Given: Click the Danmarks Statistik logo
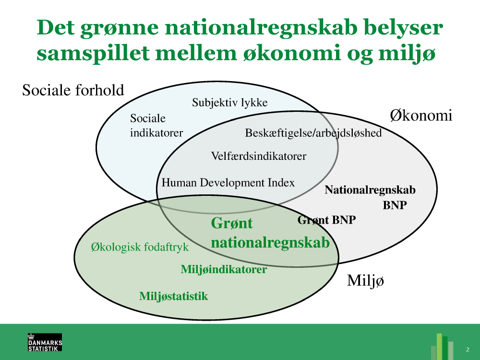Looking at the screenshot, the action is click(45, 342).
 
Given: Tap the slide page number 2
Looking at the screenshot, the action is click(468, 349).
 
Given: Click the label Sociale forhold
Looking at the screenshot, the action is click(73, 90).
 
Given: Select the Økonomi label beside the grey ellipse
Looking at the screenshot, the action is click(421, 115).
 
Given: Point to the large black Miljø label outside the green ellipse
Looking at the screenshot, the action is click(365, 280).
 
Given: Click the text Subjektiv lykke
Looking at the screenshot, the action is click(230, 103).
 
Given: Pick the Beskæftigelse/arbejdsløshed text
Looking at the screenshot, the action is click(313, 133).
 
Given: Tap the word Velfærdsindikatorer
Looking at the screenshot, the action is click(259, 156).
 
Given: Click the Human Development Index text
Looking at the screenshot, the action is click(228, 183).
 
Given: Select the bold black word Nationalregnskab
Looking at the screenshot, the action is click(370, 190).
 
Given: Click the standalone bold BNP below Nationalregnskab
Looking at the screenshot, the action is click(395, 205).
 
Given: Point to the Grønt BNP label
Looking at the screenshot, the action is click(326, 220).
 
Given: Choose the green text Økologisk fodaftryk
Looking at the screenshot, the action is click(140, 247).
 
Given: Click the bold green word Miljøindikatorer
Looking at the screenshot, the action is click(224, 269).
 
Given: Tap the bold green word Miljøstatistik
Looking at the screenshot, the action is click(174, 296).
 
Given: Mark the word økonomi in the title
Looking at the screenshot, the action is click(292, 53).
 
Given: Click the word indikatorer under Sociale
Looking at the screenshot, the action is click(156, 133).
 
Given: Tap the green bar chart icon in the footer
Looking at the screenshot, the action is click(442, 347).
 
